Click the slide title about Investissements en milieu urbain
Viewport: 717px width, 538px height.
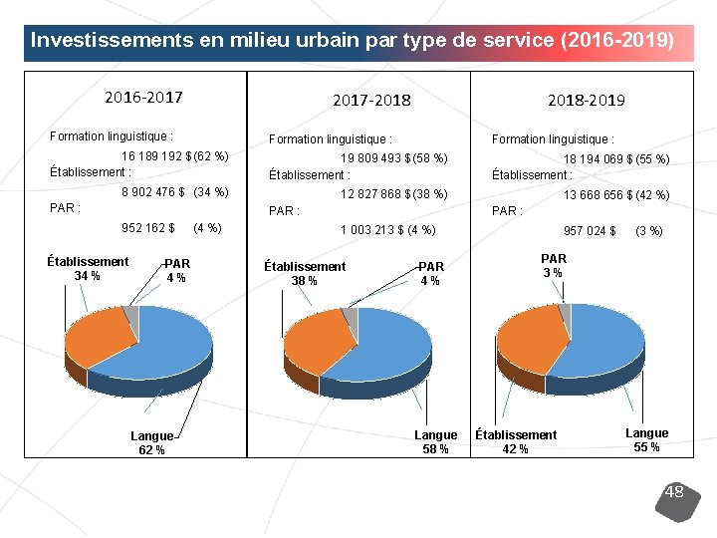(353, 40)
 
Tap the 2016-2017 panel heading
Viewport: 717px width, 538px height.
(143, 97)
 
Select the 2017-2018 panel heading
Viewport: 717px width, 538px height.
(371, 101)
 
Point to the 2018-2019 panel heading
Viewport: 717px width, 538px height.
(587, 101)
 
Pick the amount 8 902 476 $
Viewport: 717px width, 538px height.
(153, 191)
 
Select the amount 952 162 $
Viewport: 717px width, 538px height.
(148, 228)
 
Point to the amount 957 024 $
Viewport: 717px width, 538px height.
(590, 231)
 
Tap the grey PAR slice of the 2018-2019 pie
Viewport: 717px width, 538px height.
(566, 312)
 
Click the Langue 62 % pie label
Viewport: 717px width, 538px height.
(151, 442)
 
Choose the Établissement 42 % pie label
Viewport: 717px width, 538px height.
(516, 441)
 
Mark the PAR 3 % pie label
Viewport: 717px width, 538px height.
(554, 266)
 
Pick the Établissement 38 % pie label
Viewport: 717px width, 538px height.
(305, 274)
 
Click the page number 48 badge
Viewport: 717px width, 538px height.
(678, 501)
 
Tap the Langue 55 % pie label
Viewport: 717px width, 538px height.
(646, 440)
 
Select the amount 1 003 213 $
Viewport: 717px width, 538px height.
(372, 230)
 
